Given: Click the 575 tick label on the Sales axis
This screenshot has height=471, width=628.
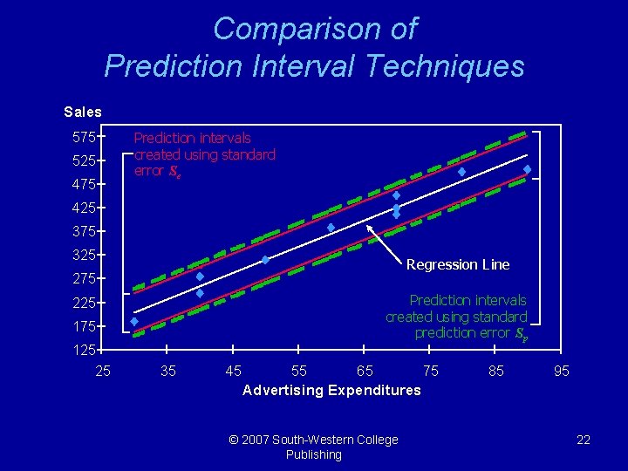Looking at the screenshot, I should (83, 137).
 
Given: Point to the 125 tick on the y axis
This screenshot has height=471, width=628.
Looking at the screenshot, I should (83, 350).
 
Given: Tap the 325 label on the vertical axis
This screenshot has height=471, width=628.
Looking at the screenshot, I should (83, 255).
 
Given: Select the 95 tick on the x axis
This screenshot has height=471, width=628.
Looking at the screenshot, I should (562, 371).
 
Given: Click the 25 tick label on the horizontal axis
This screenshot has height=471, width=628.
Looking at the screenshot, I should (103, 371).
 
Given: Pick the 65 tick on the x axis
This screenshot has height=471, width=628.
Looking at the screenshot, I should (365, 371).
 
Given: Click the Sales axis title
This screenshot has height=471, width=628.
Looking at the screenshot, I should (83, 112).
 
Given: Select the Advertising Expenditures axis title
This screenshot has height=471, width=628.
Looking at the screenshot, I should (331, 390).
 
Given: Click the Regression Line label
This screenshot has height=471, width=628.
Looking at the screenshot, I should (458, 264).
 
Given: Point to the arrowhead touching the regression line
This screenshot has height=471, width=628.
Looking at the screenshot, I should (370, 229).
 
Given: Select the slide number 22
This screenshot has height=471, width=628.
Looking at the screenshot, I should (584, 440).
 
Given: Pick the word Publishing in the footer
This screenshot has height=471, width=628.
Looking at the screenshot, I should (313, 454).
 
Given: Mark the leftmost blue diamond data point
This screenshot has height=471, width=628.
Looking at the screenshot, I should (133, 322).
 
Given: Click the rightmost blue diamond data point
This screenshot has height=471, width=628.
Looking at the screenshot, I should (528, 168).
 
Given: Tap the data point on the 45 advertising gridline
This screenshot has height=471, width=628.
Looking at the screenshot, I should (265, 260).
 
